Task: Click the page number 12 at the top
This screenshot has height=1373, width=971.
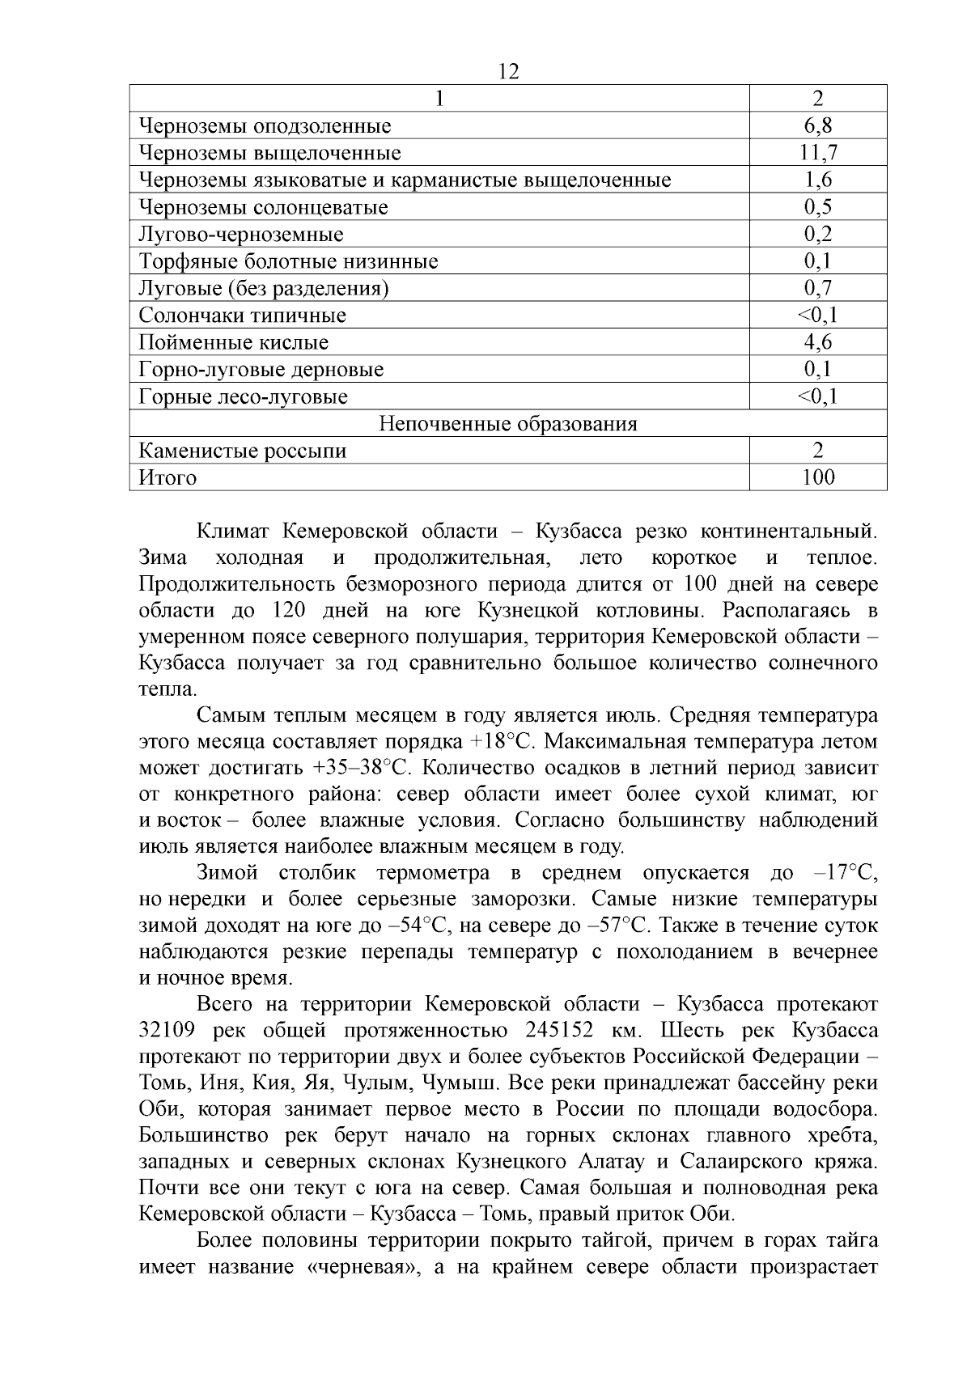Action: coord(509,71)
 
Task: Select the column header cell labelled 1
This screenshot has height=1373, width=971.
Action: coord(439,99)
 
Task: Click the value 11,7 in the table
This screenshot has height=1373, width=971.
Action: coord(818,153)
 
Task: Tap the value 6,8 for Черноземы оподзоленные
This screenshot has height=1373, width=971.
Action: coord(818,125)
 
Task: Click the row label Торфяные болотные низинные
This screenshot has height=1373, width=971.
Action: coord(288,261)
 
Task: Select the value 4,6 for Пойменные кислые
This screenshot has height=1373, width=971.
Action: coord(818,342)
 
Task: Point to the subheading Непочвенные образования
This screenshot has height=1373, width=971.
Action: coord(508,424)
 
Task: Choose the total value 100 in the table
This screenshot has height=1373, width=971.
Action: coord(818,477)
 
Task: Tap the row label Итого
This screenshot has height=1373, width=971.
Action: coord(167,477)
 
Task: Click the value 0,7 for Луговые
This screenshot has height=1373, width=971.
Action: coord(818,288)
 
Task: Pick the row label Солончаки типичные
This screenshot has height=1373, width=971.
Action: coord(242,316)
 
